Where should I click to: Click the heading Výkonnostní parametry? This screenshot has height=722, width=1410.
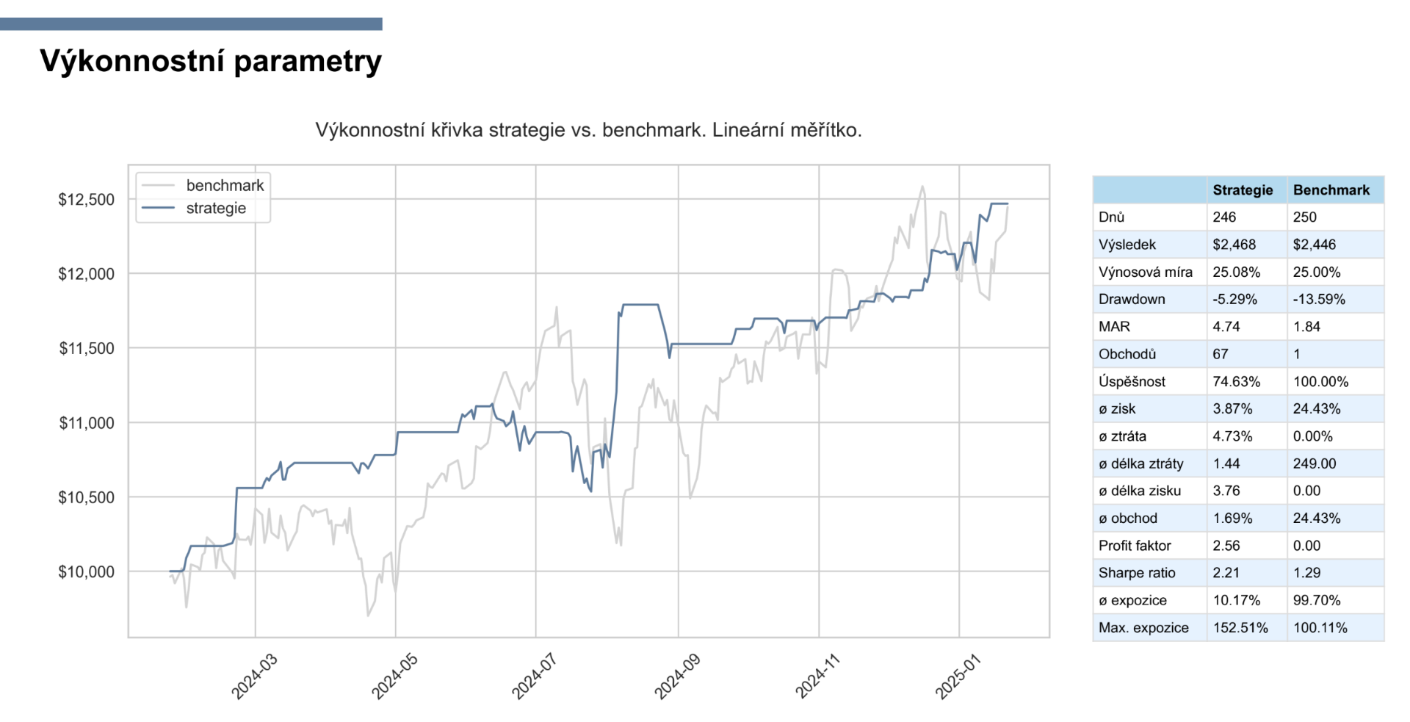[211, 61]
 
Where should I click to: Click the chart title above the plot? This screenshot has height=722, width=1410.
[588, 130]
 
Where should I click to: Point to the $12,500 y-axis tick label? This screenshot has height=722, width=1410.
[87, 200]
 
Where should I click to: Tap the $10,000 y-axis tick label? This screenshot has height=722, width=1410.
[87, 571]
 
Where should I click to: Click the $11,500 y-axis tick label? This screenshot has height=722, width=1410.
[87, 348]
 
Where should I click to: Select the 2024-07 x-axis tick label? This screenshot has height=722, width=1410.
[534, 676]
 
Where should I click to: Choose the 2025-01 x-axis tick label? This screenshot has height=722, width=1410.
[958, 676]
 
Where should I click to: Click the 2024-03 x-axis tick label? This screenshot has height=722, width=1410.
[254, 676]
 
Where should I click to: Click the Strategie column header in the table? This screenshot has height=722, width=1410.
[1243, 190]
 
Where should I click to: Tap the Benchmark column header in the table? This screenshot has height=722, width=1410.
[1331, 190]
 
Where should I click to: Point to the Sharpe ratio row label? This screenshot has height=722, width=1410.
[1137, 573]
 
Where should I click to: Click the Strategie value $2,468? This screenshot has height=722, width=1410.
[1234, 245]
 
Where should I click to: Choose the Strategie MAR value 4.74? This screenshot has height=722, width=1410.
[1226, 327]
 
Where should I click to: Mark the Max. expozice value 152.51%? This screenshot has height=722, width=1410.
[1240, 628]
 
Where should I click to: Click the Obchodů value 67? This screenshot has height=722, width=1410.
[1221, 354]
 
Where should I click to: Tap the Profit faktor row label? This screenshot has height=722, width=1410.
[1135, 546]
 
